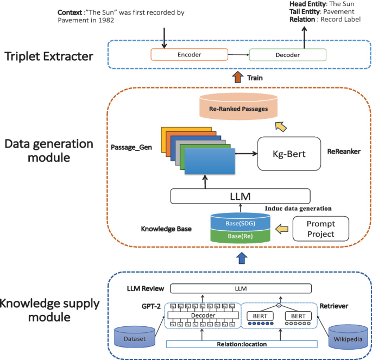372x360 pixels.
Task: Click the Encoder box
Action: coord(190,55)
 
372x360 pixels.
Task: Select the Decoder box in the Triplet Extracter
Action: coord(288,55)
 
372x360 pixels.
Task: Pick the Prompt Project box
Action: coord(321,229)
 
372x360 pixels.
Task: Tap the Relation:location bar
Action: coord(242,344)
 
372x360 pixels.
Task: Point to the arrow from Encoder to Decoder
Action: coord(238,55)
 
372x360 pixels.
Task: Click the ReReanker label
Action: coord(344,152)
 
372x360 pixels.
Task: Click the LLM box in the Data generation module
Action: coord(240,195)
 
